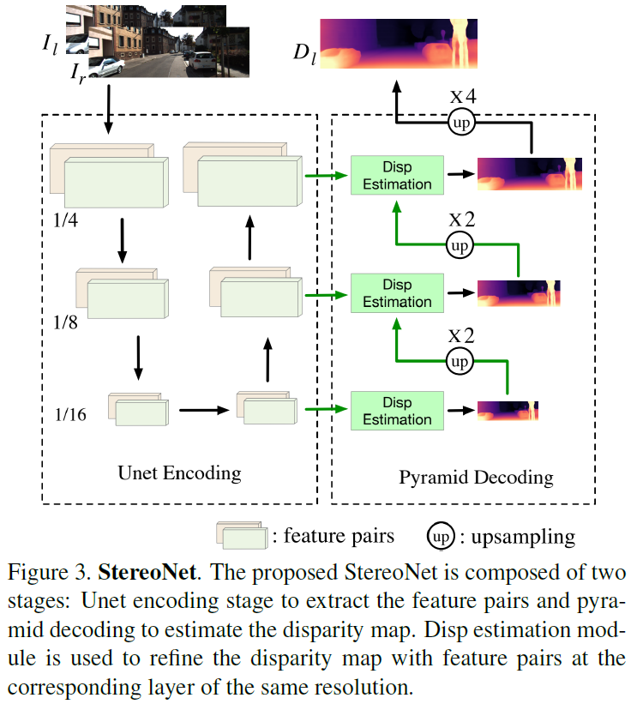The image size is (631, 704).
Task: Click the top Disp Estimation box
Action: tap(397, 174)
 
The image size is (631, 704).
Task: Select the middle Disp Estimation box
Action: tap(397, 292)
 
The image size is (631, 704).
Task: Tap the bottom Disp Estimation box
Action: tap(397, 410)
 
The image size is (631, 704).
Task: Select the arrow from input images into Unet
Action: tap(108, 111)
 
